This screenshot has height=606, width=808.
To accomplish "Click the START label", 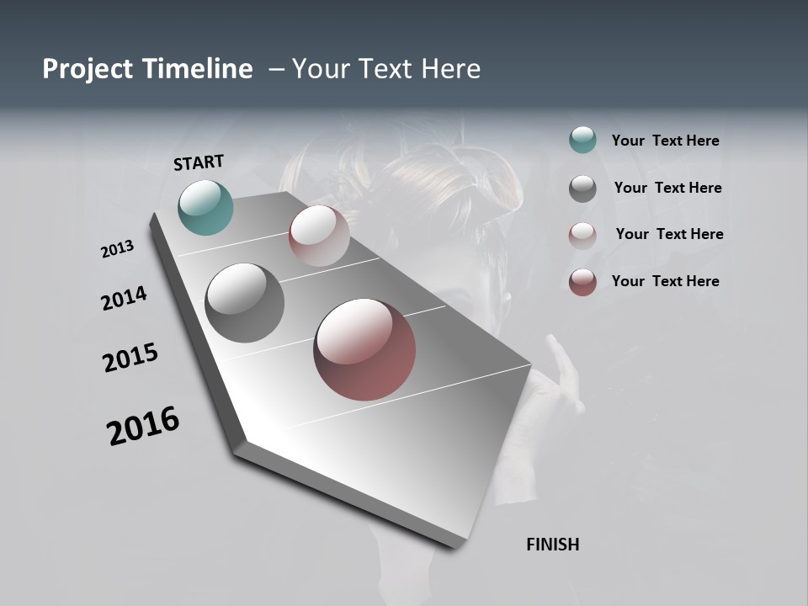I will pyautogui.click(x=199, y=162).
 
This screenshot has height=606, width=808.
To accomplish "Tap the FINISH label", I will pyautogui.click(x=552, y=545).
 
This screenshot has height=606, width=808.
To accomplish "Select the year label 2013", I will pyautogui.click(x=118, y=249).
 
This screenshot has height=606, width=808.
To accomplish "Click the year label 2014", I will pyautogui.click(x=124, y=298).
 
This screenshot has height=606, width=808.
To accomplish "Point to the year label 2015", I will pyautogui.click(x=130, y=358).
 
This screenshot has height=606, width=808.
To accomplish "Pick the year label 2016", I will pyautogui.click(x=143, y=425).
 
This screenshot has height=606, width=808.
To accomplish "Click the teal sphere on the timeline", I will pyautogui.click(x=205, y=207).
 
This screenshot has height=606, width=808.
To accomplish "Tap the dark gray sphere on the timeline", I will pyautogui.click(x=244, y=303).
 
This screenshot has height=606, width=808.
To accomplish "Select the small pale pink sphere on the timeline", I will pyautogui.click(x=319, y=236).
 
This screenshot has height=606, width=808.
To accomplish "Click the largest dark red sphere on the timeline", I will pyautogui.click(x=364, y=349).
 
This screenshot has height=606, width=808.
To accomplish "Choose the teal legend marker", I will pyautogui.click(x=582, y=141).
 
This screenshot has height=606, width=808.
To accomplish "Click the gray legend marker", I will pyautogui.click(x=582, y=188).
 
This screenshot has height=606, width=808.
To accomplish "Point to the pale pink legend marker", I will pyautogui.click(x=582, y=235).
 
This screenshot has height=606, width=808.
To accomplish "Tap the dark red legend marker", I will pyautogui.click(x=582, y=282).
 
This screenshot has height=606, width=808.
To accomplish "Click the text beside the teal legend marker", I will pyautogui.click(x=665, y=141).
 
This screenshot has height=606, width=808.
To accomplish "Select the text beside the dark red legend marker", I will pyautogui.click(x=665, y=281).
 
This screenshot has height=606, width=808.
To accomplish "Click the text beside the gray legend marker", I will pyautogui.click(x=667, y=188).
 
